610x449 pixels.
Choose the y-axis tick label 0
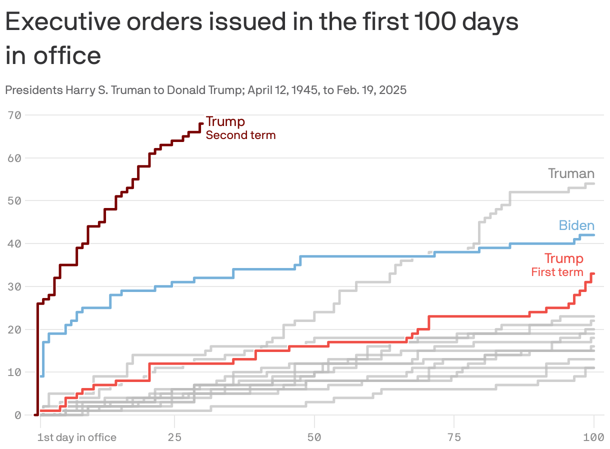(17, 415)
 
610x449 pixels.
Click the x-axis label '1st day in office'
(76, 437)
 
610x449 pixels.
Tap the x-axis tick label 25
(174, 437)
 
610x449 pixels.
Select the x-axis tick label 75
(454, 437)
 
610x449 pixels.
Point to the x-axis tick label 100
(593, 437)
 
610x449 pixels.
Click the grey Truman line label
(571, 173)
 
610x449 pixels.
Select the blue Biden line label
(576, 225)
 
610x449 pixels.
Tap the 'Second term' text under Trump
(240, 135)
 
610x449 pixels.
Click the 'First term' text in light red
(557, 272)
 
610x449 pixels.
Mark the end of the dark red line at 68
(201, 123)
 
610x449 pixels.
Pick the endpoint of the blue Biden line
(593, 235)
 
